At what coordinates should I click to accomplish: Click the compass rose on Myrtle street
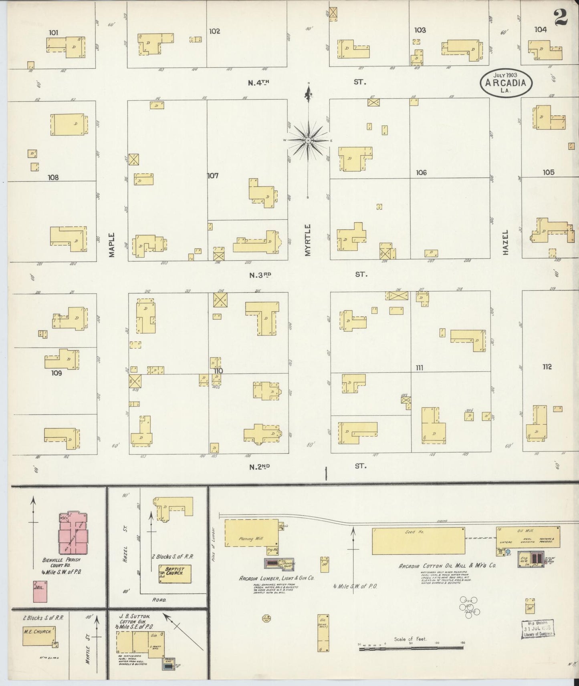(x=308, y=140)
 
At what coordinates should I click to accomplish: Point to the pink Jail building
(x=40, y=591)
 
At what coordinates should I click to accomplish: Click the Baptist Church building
(x=175, y=574)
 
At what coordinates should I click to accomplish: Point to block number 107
(x=213, y=175)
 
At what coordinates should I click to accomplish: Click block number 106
(x=421, y=173)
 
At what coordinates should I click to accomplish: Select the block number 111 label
(x=420, y=367)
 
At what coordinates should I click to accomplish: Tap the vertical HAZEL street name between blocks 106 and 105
(x=505, y=242)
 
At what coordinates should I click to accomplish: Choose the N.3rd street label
(x=260, y=275)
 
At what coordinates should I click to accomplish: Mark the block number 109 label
(x=56, y=373)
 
